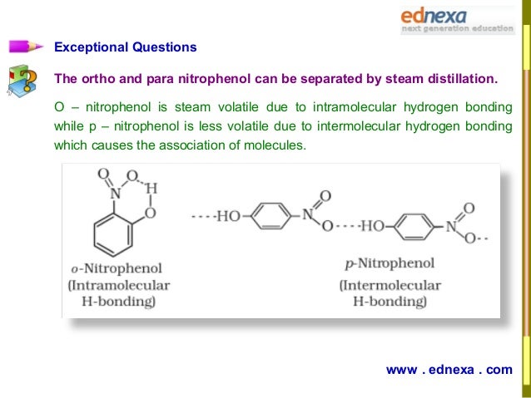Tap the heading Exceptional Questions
(x=125, y=47)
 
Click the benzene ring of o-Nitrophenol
(x=112, y=236)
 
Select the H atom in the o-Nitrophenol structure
(x=151, y=189)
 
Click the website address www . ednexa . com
(x=449, y=370)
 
